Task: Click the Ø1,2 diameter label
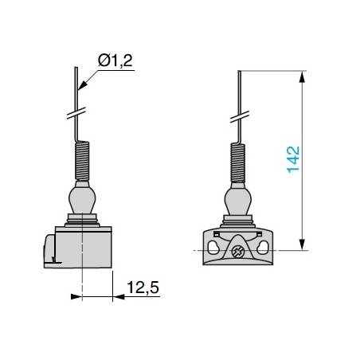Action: point(115,61)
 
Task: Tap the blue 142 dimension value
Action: point(293,159)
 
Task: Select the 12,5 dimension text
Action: point(143,288)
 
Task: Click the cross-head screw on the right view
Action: point(237,251)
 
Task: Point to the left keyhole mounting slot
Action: point(213,248)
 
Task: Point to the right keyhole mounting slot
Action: point(262,248)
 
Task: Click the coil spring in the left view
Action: point(82,161)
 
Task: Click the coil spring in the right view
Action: point(237,163)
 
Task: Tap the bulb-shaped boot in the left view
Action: point(82,198)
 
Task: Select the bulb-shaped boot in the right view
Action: point(238,199)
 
